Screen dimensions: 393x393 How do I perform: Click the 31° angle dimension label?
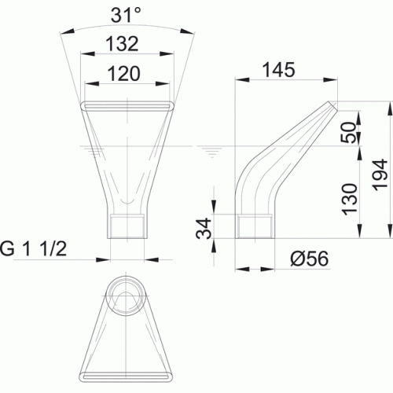(126, 15)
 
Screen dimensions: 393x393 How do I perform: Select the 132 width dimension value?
(122, 43)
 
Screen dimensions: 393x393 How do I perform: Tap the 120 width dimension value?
(124, 73)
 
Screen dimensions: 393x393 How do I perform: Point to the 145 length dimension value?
(278, 70)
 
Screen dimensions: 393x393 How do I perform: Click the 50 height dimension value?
(351, 132)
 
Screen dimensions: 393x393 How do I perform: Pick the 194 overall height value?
(380, 175)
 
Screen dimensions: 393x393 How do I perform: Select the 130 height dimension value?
(350, 200)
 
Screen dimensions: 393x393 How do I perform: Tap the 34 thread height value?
(204, 229)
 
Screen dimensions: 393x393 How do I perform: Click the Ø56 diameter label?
(310, 259)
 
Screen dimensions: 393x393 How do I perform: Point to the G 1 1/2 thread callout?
(33, 249)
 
